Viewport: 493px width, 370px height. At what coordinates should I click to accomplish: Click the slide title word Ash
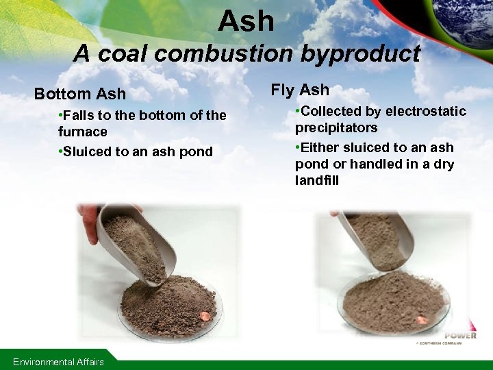coord(246,22)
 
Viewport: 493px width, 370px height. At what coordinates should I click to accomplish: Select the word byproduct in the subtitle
coord(364,53)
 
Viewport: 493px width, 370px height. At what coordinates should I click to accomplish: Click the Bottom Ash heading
coord(80,94)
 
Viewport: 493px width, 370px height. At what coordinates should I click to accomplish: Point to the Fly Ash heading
coord(300,90)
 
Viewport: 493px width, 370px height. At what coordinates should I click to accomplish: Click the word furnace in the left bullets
coord(83,132)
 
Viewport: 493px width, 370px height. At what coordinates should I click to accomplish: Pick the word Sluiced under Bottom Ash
coord(87,151)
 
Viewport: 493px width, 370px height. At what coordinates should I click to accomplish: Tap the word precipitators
coord(336,128)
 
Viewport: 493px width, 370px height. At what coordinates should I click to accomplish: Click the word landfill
coord(317,181)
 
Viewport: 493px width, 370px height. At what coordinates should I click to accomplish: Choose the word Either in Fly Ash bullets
coord(320,147)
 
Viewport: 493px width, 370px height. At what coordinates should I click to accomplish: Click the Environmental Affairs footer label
coord(58,362)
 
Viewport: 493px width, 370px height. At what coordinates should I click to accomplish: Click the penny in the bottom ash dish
coord(203,317)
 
